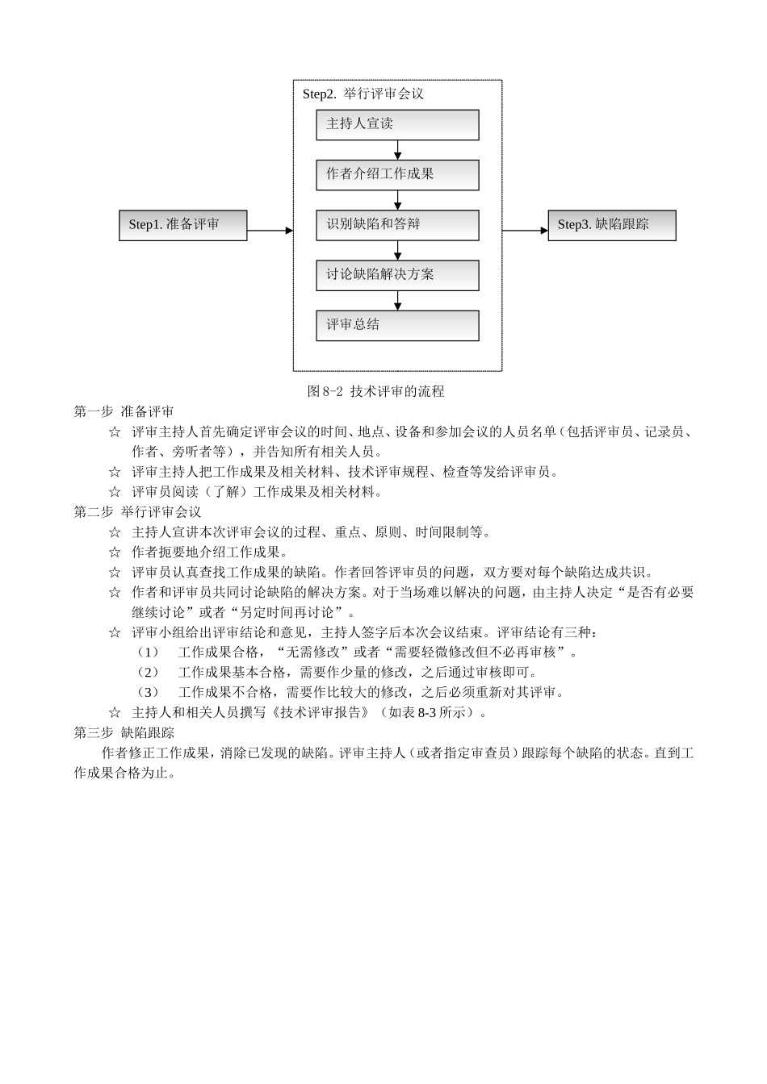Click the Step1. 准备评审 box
point(182,225)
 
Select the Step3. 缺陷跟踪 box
point(611,225)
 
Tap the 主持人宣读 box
point(397,124)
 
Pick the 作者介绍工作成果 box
point(397,174)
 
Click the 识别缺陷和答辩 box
point(397,224)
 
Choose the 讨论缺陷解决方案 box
point(397,275)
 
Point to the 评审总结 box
point(397,325)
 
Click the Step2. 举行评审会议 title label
point(363,94)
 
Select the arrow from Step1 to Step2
point(270,230)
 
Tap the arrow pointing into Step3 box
point(525,230)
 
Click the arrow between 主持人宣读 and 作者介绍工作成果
point(397,150)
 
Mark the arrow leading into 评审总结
point(397,300)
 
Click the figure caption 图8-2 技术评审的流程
point(376,391)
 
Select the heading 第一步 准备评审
point(124,411)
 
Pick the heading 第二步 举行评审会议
point(137,511)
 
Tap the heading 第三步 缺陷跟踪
point(124,732)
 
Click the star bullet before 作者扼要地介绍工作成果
point(115,552)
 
